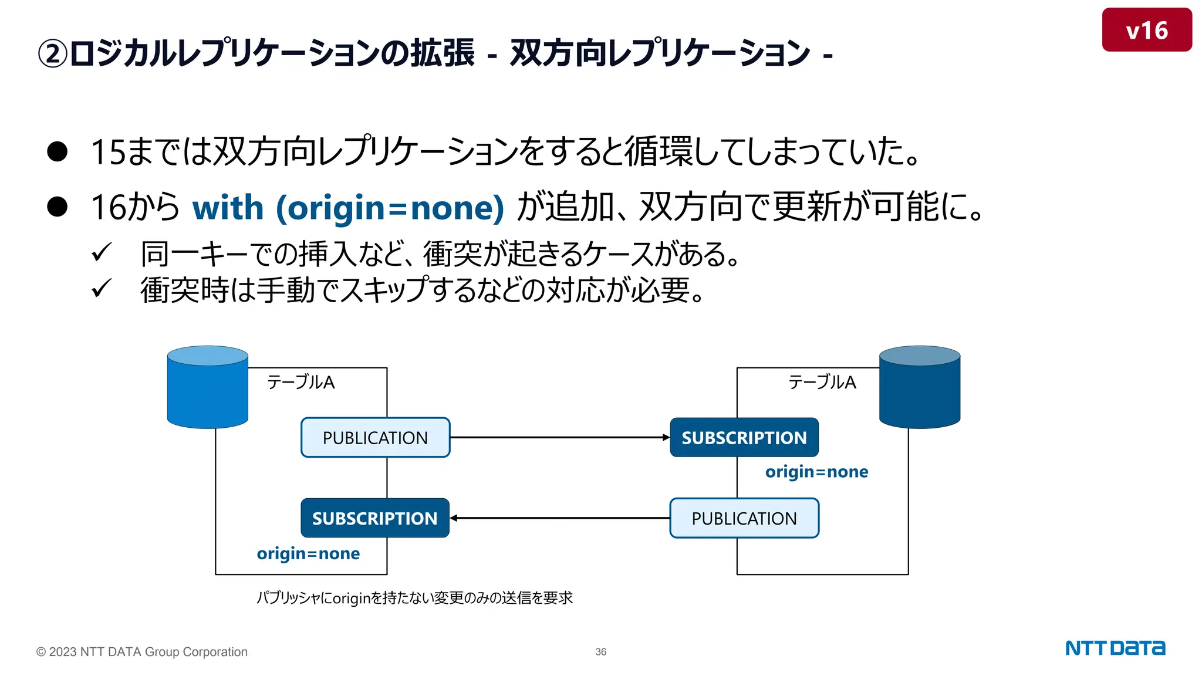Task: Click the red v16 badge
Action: pos(1146,30)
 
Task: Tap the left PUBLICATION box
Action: pos(375,438)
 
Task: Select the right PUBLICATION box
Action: pos(744,518)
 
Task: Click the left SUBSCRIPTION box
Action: pos(375,518)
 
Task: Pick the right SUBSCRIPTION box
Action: pos(744,438)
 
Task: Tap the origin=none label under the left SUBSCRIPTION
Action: pos(308,553)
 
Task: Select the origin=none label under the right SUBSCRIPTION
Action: pos(816,472)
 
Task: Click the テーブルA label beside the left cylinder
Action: pos(300,383)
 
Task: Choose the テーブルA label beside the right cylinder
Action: pos(822,383)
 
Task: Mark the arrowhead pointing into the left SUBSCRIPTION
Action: pos(454,518)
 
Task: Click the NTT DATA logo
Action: pos(1115,648)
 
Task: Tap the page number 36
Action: pos(601,652)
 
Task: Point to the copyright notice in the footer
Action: pos(142,652)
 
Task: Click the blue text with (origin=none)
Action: pos(348,208)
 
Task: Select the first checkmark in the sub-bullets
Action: pos(101,253)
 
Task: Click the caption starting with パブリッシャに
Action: pos(414,598)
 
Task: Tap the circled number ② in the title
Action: pos(53,54)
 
